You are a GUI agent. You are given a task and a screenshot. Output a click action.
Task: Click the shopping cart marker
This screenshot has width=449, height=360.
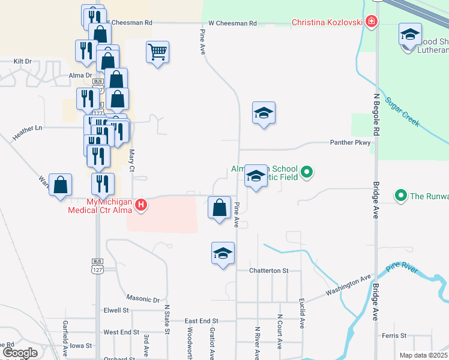click(157, 52)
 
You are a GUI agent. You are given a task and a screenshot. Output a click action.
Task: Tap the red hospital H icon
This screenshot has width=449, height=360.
click(141, 205)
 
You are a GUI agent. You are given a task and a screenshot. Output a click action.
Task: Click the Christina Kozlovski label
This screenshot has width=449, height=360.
click(327, 23)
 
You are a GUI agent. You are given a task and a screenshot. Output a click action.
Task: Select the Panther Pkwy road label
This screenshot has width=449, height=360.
click(351, 143)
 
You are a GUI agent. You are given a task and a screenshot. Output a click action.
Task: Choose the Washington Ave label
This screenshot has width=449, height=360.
click(349, 286)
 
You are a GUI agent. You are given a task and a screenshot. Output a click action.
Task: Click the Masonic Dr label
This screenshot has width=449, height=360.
click(143, 299)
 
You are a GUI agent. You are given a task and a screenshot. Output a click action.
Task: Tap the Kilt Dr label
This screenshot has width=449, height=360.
click(22, 61)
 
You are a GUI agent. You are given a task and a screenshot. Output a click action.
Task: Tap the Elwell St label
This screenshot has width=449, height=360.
click(116, 310)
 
